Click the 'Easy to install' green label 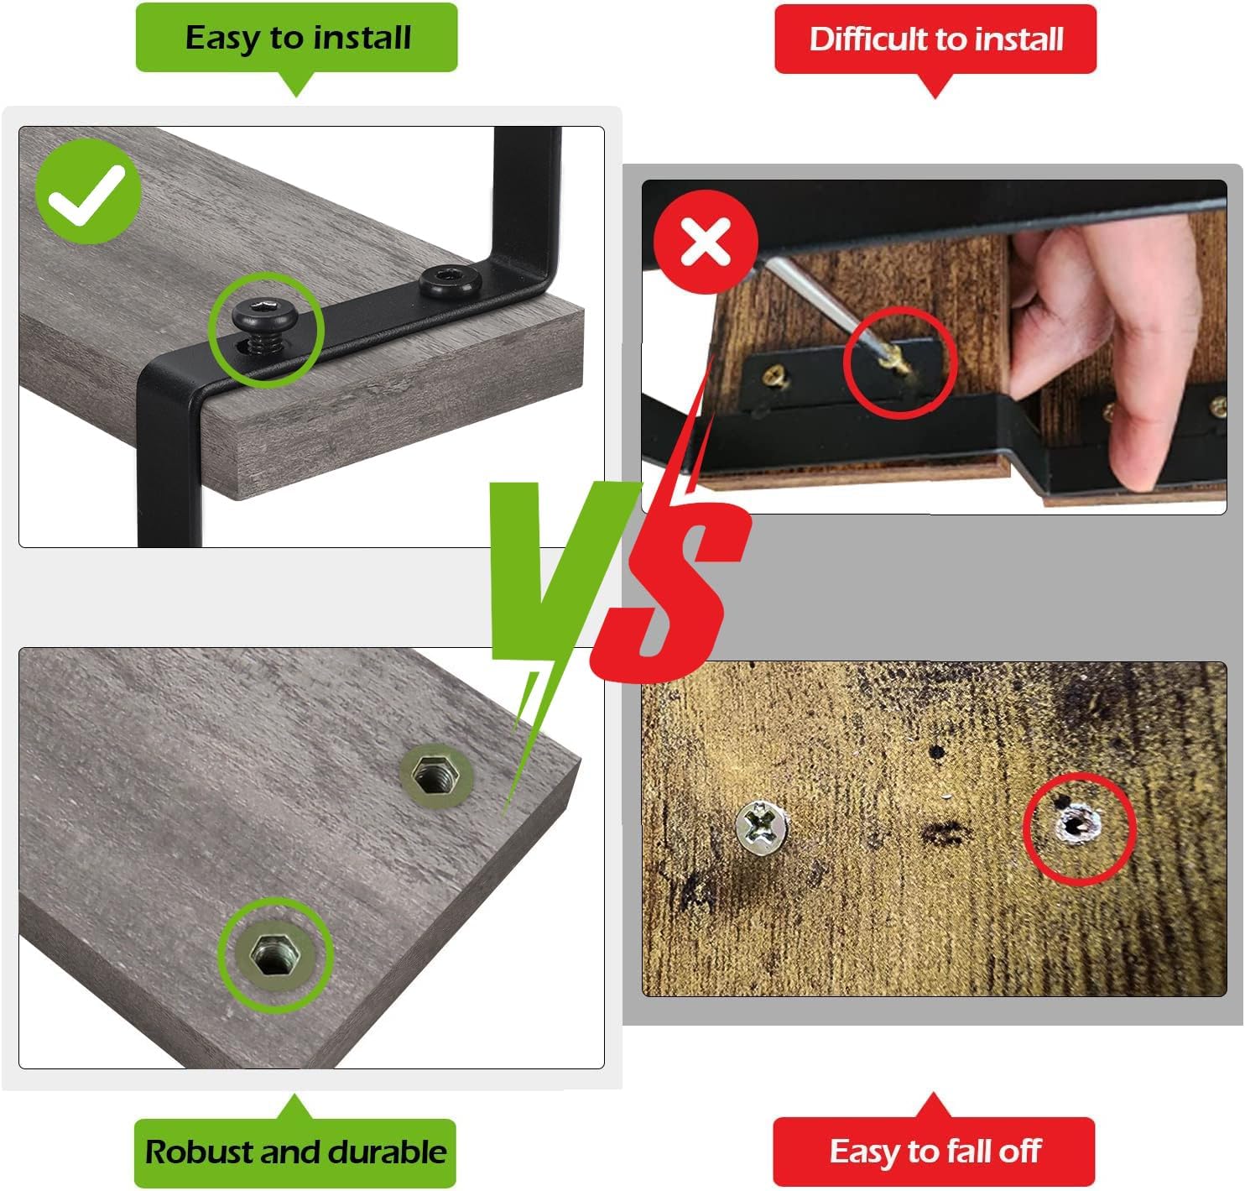(x=297, y=37)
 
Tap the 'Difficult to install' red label (x=935, y=39)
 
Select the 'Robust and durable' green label (x=295, y=1152)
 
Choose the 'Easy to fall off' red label (x=934, y=1151)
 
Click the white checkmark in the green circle (x=87, y=195)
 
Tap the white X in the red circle (x=706, y=241)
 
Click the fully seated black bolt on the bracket (x=450, y=281)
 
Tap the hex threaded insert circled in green (x=275, y=953)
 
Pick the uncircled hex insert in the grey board (x=436, y=776)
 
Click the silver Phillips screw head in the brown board (x=761, y=827)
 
